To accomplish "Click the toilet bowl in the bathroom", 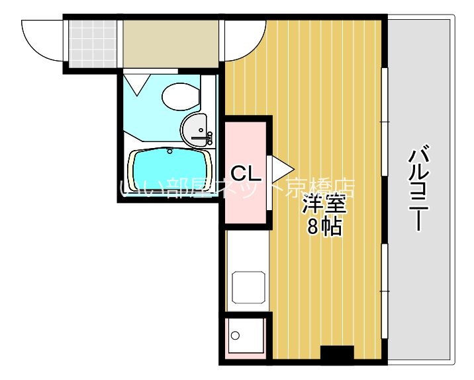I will pyautogui.click(x=180, y=96).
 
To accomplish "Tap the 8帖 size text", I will pyautogui.click(x=324, y=227).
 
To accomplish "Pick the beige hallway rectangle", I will pyautogui.click(x=171, y=41).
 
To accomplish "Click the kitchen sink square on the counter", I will pyautogui.click(x=248, y=285).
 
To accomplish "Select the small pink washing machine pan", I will pyautogui.click(x=244, y=337).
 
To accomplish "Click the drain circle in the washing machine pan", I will pyautogui.click(x=234, y=335).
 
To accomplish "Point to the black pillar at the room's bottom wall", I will pyautogui.click(x=337, y=354).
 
